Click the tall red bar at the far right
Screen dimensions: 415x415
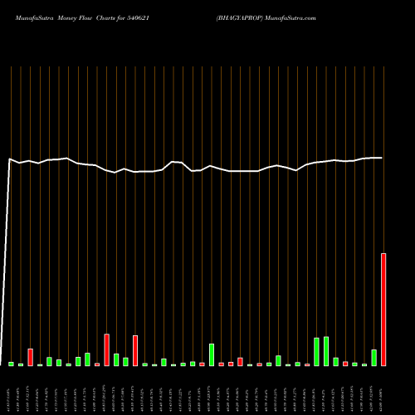383,309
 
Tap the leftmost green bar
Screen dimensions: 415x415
12,364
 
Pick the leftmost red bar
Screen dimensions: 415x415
31,357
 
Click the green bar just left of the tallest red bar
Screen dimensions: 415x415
373,358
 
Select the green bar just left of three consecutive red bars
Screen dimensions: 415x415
212,354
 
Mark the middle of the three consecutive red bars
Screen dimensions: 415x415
231,364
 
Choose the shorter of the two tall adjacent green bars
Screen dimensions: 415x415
316,352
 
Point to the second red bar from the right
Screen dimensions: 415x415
345,364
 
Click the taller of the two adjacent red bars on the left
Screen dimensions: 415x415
107,349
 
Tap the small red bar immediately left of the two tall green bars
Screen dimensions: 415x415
307,364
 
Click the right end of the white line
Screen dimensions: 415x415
382,158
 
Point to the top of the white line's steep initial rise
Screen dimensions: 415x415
10,159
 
